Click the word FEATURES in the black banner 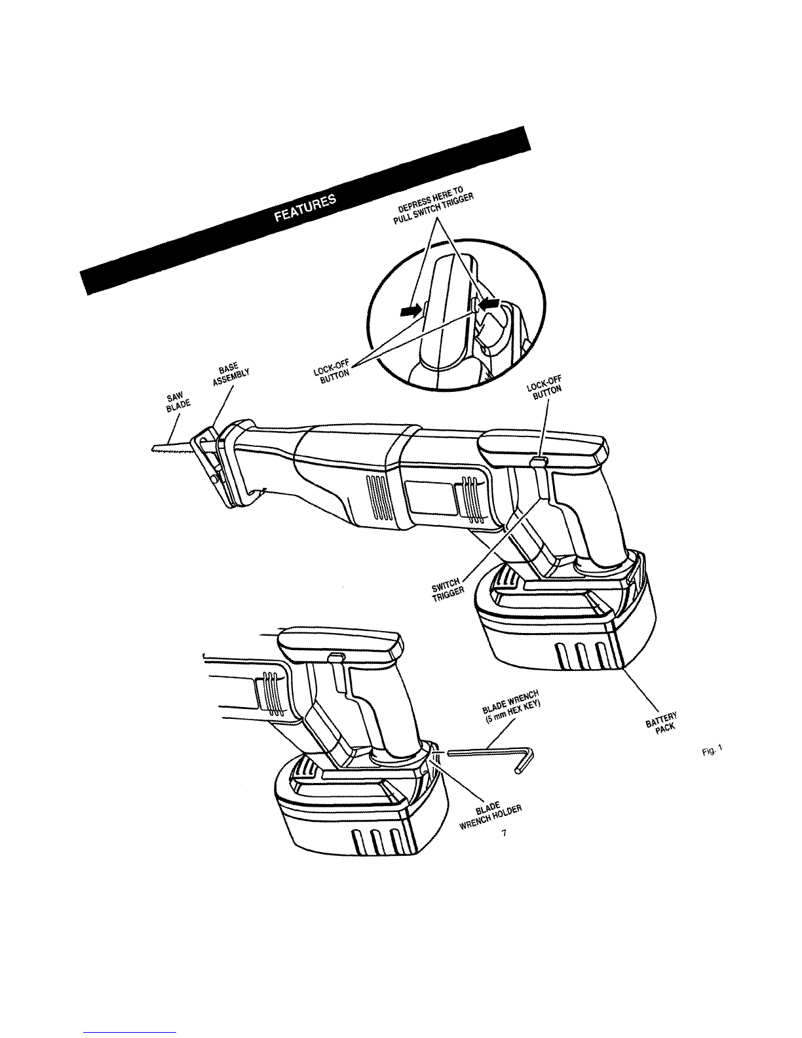(x=305, y=209)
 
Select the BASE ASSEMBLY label (x=230, y=374)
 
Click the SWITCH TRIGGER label (x=448, y=589)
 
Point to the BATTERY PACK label (x=662, y=721)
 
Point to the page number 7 (x=504, y=834)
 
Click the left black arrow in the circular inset (x=411, y=311)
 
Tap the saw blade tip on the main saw (x=153, y=448)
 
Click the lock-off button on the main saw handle (x=539, y=461)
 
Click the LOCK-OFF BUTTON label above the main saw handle (x=544, y=389)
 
